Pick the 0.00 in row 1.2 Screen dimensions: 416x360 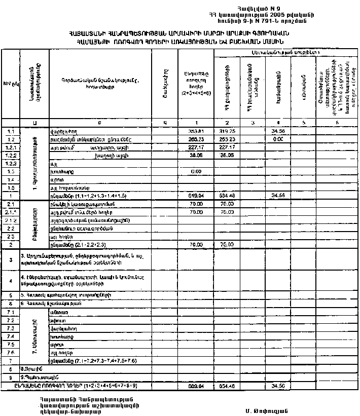[x=277, y=139]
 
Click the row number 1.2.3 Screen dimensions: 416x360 [x=10, y=164]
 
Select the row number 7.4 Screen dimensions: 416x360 [x=10, y=336]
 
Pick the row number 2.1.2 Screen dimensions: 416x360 [x=10, y=220]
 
